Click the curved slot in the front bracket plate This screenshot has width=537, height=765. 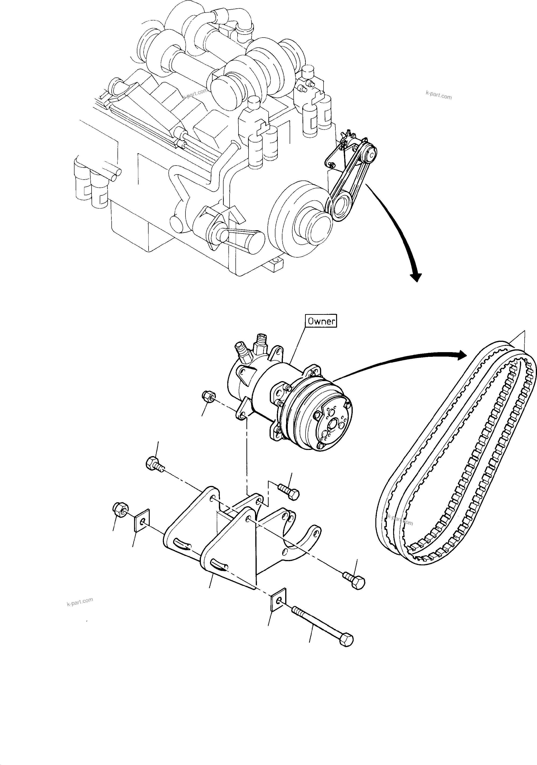pyautogui.click(x=220, y=564)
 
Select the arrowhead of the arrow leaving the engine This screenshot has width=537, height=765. pyautogui.click(x=416, y=276)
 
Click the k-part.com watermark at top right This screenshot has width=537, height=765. pyautogui.click(x=438, y=96)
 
